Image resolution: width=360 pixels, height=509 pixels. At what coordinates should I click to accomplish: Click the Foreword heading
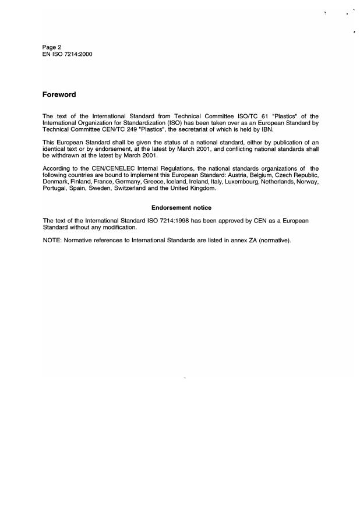point(59,94)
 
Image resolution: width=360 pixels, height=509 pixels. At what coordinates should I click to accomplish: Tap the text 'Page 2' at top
point(52,47)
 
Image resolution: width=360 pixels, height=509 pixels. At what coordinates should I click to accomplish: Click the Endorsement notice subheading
point(181,207)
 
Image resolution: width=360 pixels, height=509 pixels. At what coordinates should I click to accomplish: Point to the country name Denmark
point(57,181)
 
